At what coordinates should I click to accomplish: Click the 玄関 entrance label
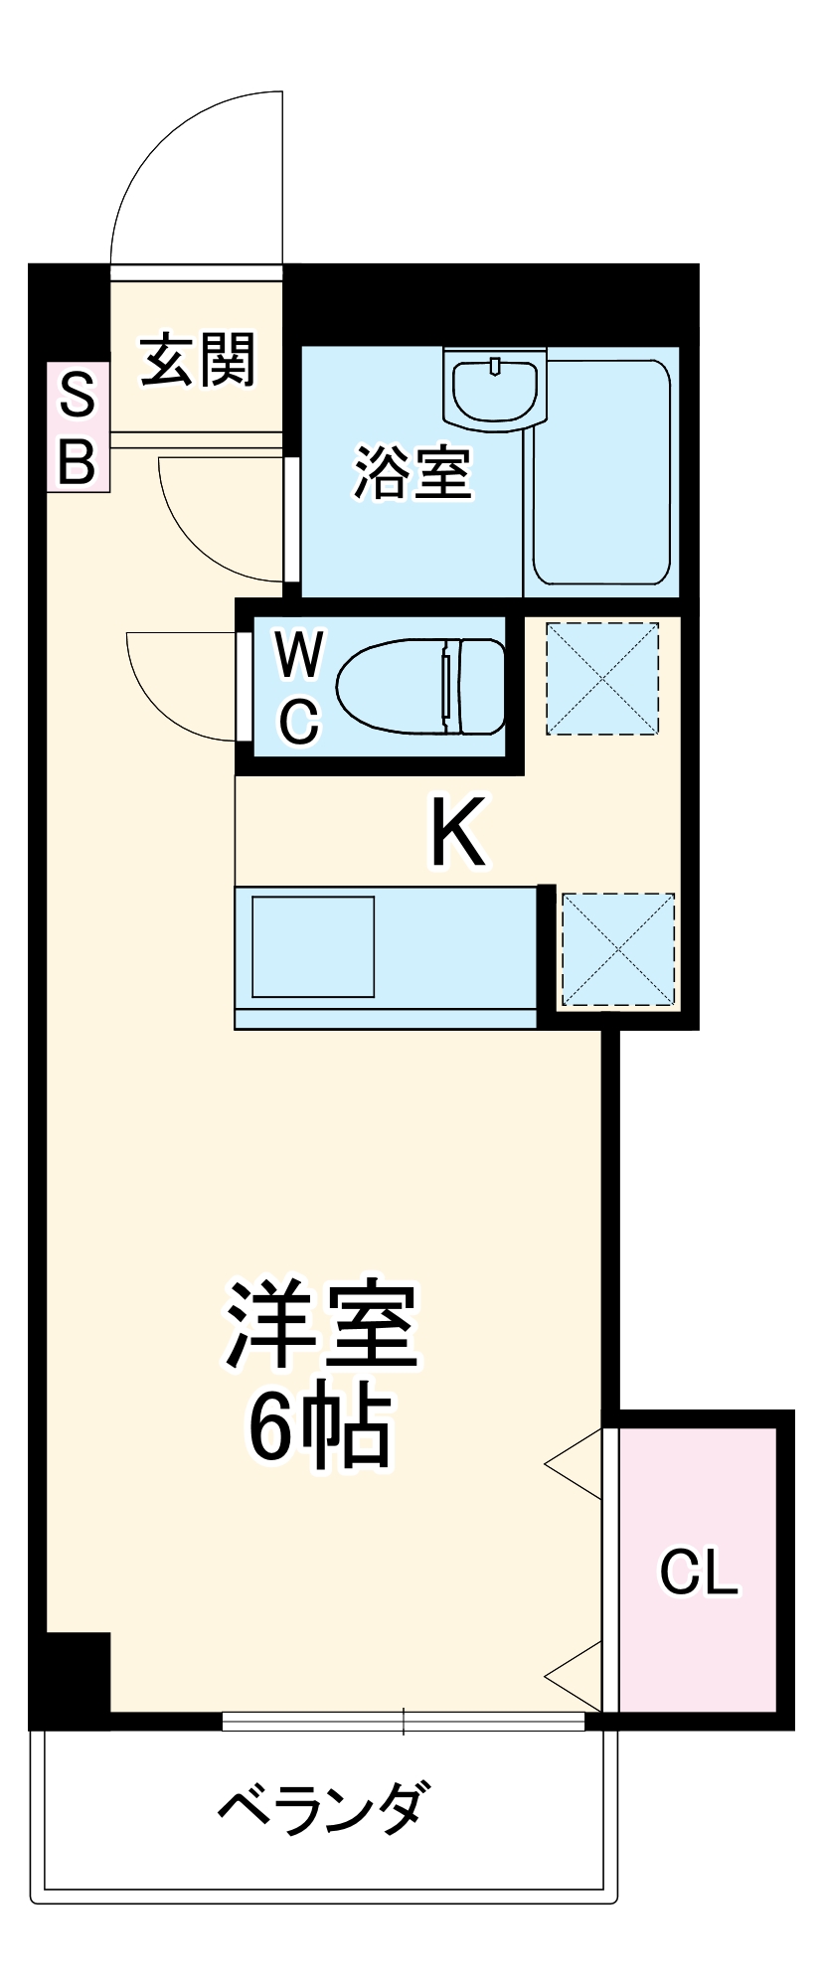198,360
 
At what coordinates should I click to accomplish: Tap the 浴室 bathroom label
412,472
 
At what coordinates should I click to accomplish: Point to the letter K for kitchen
457,832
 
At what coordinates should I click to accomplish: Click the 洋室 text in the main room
320,1325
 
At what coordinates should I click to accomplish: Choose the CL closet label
699,1572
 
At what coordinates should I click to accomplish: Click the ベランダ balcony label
324,1808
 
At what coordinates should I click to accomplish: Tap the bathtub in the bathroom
602,471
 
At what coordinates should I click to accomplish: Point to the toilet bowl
417,686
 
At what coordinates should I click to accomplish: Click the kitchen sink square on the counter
313,946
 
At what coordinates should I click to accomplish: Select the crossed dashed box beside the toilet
602,679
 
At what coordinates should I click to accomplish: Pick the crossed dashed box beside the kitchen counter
618,949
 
